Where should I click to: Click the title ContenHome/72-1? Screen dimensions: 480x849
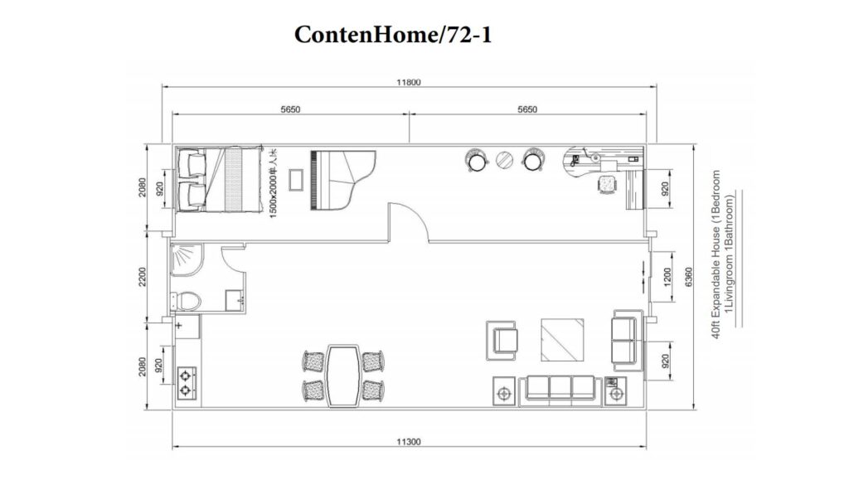click(x=393, y=36)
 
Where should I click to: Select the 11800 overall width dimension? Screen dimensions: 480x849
click(x=410, y=82)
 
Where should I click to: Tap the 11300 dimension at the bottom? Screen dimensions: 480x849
click(x=410, y=442)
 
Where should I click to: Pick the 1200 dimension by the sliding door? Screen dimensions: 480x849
click(x=666, y=274)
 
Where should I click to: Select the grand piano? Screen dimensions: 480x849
click(x=341, y=179)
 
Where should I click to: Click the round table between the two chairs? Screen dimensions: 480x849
click(x=504, y=160)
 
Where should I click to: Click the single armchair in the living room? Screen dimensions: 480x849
click(x=503, y=339)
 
